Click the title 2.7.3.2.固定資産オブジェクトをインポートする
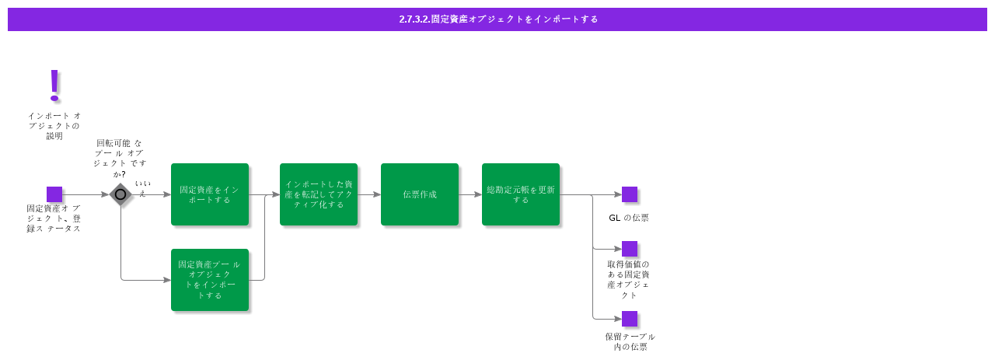click(498, 19)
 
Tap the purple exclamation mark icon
click(54, 86)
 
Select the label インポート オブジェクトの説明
click(54, 125)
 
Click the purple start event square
click(54, 194)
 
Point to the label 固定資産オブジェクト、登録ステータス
click(54, 218)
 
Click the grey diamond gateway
click(120, 194)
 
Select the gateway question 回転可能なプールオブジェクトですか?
click(120, 158)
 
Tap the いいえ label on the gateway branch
click(142, 188)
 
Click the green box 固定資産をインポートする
click(210, 194)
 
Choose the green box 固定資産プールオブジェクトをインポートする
click(210, 280)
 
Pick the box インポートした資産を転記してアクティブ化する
click(319, 194)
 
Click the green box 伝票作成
click(420, 194)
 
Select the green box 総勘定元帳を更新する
click(521, 194)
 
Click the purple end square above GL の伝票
click(630, 194)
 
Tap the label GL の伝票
click(629, 218)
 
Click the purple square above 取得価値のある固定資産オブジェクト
click(630, 249)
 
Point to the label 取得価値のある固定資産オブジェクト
click(628, 279)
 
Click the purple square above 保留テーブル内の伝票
click(630, 319)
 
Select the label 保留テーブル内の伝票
click(630, 341)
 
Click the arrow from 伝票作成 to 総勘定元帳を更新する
click(470, 194)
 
